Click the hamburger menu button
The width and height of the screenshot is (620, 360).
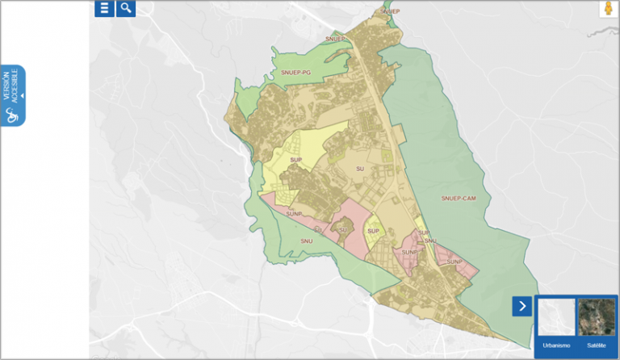[104, 8]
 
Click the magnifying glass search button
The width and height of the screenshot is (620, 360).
[126, 8]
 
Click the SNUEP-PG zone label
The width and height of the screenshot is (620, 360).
[296, 73]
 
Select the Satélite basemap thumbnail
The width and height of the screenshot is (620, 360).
[596, 317]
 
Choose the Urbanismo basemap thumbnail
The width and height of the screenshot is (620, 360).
[556, 317]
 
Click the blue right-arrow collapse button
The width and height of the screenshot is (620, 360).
[522, 306]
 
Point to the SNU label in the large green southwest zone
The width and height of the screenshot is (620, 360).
[306, 241]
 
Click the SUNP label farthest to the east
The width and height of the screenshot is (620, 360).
[454, 262]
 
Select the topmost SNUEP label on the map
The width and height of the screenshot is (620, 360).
[389, 12]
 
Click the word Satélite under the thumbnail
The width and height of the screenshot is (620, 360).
[596, 345]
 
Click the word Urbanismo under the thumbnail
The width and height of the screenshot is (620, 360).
[556, 345]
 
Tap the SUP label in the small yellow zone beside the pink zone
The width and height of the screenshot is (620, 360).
[373, 232]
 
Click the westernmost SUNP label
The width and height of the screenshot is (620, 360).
[292, 214]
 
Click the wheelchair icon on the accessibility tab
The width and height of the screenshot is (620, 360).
[12, 115]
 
